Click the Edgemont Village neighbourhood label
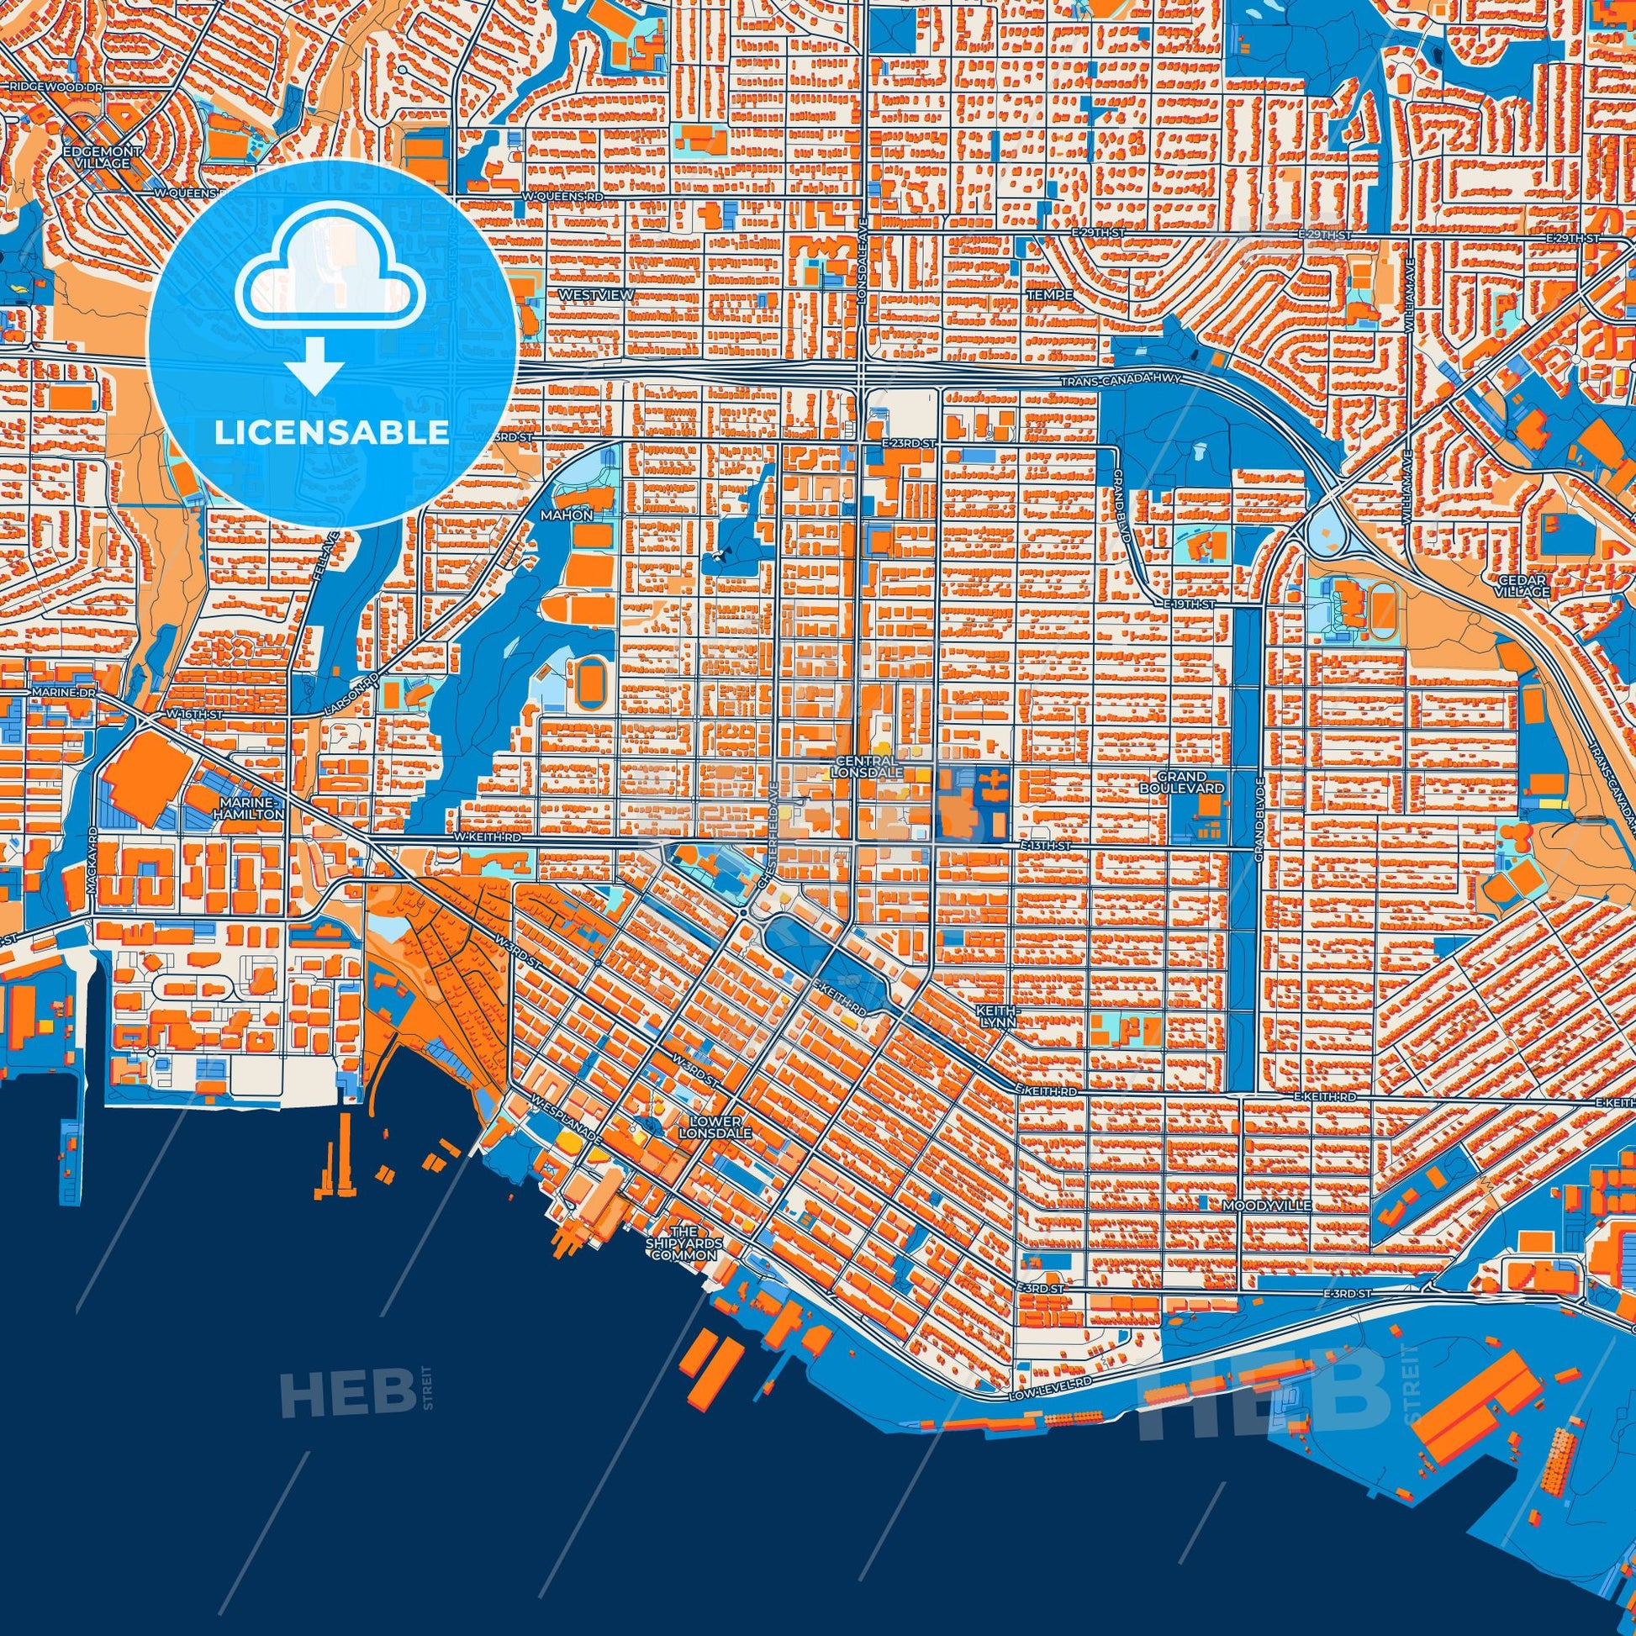point(102,156)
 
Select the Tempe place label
point(1049,295)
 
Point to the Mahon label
point(567,515)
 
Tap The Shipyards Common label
point(684,1243)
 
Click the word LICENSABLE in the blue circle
point(331,434)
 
